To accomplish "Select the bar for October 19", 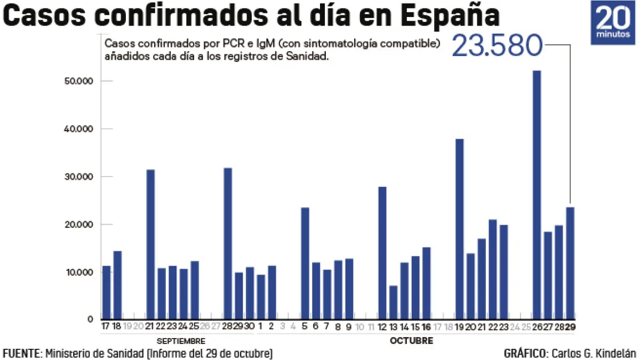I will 459,229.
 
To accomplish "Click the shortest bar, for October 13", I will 393,302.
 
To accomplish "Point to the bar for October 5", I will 305,263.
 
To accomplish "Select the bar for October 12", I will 382,253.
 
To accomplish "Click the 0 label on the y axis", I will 91,319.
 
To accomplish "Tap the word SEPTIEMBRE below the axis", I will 181,341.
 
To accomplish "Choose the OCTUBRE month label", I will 411,341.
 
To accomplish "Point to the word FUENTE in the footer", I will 21,354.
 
